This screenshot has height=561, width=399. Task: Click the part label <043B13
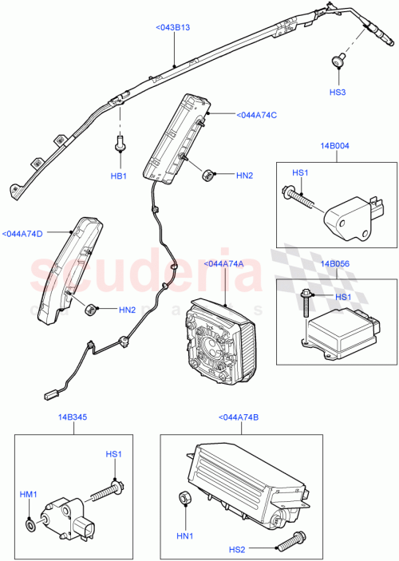pos(173,27)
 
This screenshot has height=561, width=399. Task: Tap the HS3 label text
pos(338,93)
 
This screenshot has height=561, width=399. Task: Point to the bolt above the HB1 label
pos(120,144)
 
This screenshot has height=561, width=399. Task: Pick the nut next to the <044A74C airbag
pos(209,174)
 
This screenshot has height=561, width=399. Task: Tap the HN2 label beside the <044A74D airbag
pos(127,310)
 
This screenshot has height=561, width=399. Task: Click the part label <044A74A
pos(224,263)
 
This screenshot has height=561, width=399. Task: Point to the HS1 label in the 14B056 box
pos(341,297)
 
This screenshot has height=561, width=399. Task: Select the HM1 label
pos(28,495)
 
